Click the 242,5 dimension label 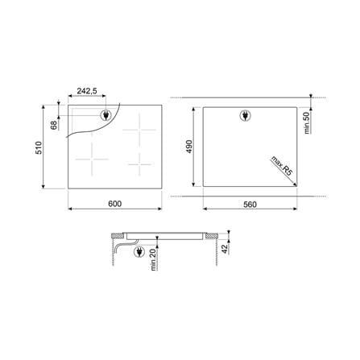[87, 91]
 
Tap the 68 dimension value [54, 125]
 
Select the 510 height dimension [39, 147]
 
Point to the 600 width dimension [115, 204]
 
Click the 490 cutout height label [189, 147]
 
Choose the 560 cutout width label [250, 205]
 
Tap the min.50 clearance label [307, 123]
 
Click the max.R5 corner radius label [281, 165]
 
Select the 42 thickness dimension [225, 249]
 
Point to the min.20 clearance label [153, 259]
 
